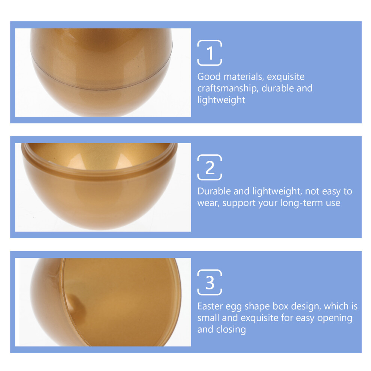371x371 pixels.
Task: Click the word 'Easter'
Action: point(210,306)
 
